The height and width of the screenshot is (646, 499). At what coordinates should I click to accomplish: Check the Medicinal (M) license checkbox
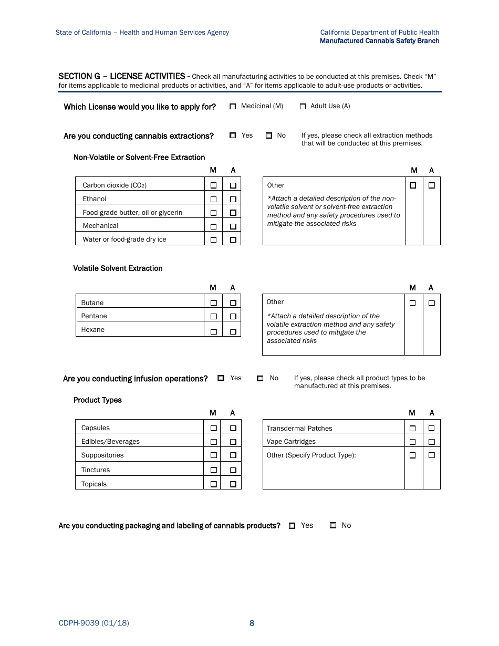233,107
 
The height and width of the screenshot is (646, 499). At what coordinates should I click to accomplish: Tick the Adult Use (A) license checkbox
303,107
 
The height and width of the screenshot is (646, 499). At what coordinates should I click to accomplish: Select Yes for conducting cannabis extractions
233,136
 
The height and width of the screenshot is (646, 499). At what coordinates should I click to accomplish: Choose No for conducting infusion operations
260,378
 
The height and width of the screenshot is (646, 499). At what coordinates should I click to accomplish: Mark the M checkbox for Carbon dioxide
213,185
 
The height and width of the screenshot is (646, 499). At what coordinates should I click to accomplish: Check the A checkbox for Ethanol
233,199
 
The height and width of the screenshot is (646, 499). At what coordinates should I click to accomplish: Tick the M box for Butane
213,303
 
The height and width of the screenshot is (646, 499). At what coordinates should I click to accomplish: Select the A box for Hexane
233,331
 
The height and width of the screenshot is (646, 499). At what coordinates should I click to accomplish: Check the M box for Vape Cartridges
412,442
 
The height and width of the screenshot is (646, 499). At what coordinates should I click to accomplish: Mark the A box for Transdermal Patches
431,428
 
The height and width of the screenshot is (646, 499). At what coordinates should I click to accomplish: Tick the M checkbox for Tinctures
213,470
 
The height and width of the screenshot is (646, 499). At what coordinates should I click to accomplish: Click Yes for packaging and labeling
292,526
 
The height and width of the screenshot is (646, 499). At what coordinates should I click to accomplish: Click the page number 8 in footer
252,623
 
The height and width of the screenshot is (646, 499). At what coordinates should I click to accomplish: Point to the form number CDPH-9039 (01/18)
93,623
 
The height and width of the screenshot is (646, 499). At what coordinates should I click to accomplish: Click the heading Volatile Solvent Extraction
118,268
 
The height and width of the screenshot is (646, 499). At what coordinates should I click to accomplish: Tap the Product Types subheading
97,400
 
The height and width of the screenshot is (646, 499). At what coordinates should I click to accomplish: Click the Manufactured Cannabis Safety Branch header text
379,41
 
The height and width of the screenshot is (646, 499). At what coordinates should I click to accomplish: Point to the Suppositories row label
102,455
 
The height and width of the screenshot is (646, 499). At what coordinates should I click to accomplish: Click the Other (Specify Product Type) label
311,455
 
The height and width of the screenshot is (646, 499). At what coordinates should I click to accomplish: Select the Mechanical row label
100,226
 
